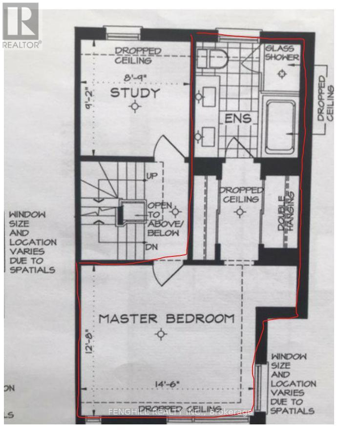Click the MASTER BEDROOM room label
click(x=167, y=318)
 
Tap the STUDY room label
click(x=128, y=92)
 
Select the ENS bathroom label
click(x=238, y=118)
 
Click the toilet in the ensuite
click(x=215, y=59)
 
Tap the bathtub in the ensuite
click(x=280, y=126)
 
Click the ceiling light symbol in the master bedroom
click(x=161, y=334)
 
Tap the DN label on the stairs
click(x=151, y=247)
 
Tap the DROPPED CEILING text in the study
click(x=138, y=56)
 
